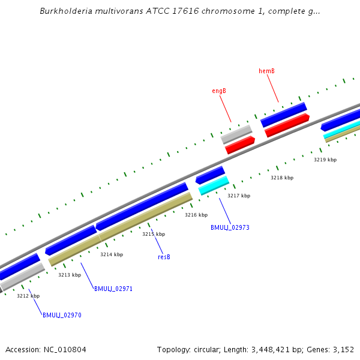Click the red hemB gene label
pos(266,71)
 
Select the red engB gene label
pos(218,91)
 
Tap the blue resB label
pos(164,257)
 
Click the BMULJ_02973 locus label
pos(230,228)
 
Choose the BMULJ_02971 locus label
pos(113,289)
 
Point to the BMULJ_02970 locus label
pos(62,315)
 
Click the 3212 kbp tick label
pos(28,296)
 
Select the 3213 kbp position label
pos(70,275)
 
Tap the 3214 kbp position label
pos(112,254)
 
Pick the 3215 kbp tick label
pos(154,234)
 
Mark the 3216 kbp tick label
pos(196,215)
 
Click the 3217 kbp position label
pos(239,196)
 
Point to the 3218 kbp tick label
pos(282,178)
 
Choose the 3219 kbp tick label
pos(325,160)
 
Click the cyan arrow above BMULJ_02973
pos(214,185)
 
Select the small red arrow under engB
pos(240,145)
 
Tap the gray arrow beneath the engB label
pos(236,134)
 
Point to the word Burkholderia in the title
pos(65,11)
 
